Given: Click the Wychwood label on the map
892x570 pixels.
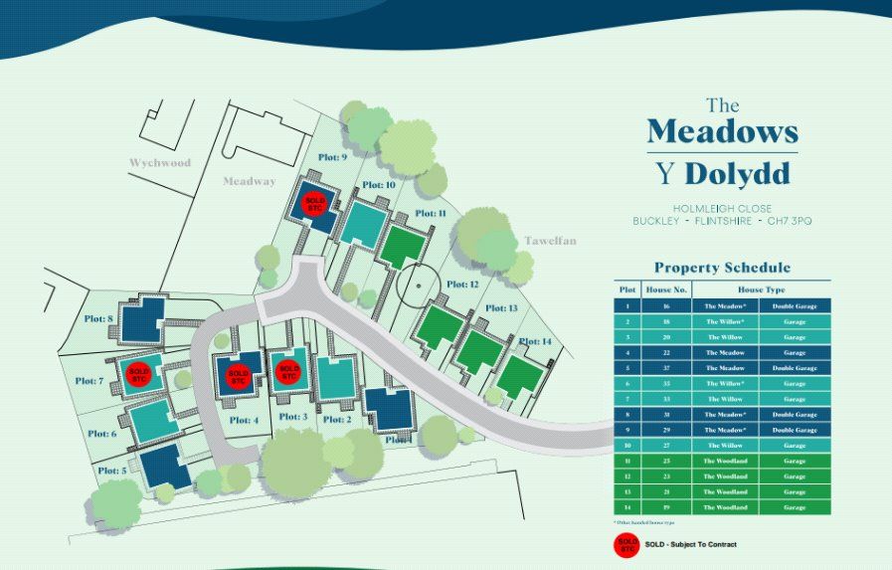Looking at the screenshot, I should [159, 162].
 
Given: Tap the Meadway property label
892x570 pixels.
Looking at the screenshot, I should [249, 181].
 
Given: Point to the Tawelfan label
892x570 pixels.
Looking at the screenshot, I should [550, 241].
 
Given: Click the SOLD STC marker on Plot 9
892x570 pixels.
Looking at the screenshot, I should [316, 203].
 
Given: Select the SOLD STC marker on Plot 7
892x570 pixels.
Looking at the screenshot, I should [139, 374].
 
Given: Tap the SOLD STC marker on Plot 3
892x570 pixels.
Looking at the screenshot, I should [288, 372].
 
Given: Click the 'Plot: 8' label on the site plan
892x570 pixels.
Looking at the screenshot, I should [96, 318].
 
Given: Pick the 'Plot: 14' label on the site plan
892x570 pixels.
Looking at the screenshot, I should [533, 341].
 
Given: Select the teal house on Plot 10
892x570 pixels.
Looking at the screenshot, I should [363, 223].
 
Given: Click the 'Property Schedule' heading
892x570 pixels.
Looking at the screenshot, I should [722, 268].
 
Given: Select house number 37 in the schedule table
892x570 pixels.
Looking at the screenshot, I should [665, 368].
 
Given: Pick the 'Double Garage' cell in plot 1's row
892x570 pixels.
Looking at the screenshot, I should [795, 306].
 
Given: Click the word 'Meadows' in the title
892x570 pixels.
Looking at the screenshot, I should [722, 132].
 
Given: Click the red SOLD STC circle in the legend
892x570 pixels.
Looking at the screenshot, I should [626, 545].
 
